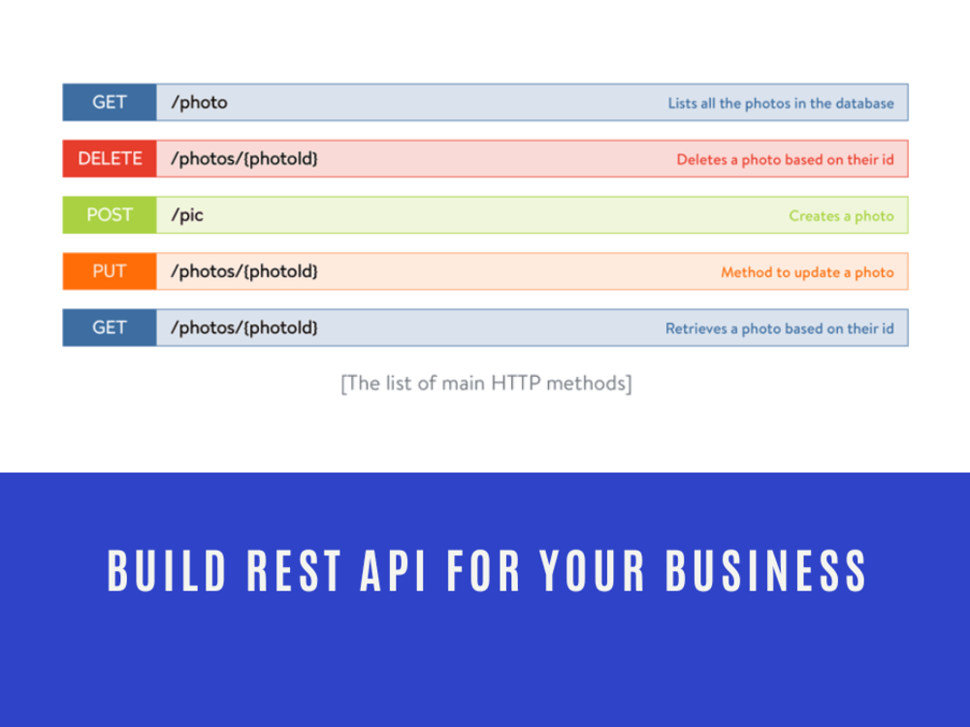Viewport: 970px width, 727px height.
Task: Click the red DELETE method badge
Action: [110, 159]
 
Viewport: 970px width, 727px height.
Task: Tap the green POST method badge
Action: [110, 215]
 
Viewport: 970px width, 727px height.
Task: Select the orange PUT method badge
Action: [110, 271]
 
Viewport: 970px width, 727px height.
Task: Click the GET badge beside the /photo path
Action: [110, 103]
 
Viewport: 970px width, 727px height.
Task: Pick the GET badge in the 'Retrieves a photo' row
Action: [110, 328]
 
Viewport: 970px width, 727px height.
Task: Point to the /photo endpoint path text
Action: [199, 103]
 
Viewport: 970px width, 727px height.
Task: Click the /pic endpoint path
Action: [187, 215]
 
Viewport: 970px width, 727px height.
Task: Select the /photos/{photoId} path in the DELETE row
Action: [244, 159]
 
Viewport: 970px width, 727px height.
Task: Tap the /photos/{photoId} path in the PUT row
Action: [244, 271]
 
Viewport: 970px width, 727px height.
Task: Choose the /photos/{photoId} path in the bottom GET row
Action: [244, 328]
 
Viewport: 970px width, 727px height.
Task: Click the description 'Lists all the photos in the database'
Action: [781, 103]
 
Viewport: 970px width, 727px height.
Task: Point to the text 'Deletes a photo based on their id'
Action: [785, 160]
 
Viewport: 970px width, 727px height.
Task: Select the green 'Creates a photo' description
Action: [841, 216]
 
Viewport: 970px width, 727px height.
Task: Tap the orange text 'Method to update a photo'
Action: [807, 272]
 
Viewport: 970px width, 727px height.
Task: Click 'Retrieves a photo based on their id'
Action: [779, 329]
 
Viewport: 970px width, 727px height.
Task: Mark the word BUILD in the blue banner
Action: [167, 570]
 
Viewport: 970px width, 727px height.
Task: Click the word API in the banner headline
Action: [394, 570]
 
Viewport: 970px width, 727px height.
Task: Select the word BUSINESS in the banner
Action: [765, 570]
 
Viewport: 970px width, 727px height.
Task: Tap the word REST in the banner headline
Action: [294, 570]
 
